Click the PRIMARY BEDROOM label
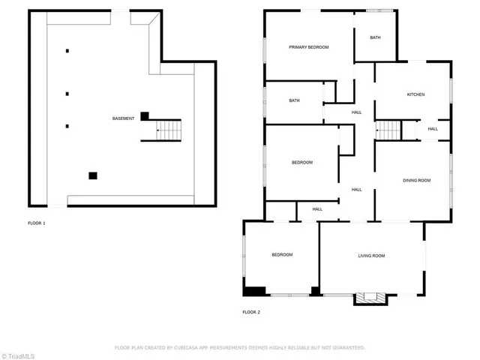coord(309,47)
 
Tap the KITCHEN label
coord(415,94)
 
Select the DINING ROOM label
coord(416,180)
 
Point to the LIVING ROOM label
coord(370,256)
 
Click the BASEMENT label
coord(124,118)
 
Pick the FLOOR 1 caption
coord(37,223)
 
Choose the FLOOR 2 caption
coord(251,311)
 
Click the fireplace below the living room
coord(370,297)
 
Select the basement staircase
coord(169,130)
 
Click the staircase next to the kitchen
coord(388,130)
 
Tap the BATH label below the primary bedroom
coord(295,100)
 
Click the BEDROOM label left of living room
coord(282,255)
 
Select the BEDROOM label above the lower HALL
coord(302,163)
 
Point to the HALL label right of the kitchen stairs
coord(433,129)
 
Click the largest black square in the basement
coord(93,175)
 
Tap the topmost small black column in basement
coord(67,51)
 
